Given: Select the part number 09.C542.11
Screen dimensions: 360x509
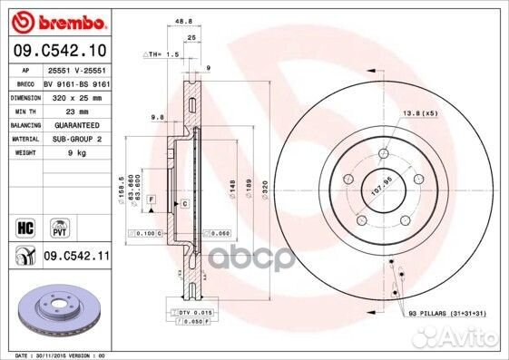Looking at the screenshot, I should (76, 258).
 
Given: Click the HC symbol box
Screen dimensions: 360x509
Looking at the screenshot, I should (24, 224).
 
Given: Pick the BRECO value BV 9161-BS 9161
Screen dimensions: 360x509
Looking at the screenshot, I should (76, 80).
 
